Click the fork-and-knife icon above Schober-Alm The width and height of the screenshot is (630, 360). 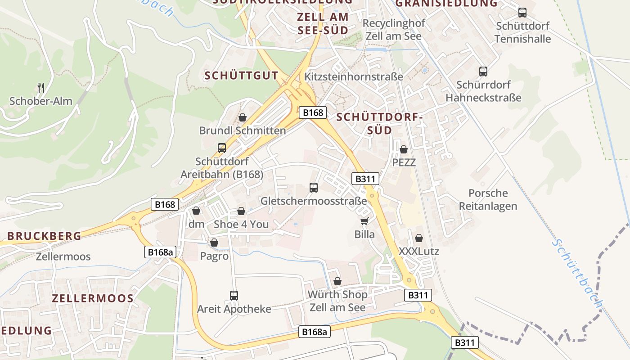[41, 87]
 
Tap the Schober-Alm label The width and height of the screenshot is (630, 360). [41, 101]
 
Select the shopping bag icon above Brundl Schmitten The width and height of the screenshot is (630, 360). [243, 117]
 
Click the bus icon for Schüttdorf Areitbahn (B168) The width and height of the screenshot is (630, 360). [221, 148]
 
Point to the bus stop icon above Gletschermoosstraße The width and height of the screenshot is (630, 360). [314, 187]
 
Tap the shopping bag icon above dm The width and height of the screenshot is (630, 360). [196, 211]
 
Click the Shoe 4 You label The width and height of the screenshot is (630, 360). [241, 224]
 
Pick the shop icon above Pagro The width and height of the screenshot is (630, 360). [214, 243]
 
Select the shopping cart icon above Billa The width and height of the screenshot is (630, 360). [364, 221]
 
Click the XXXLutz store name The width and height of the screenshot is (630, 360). [418, 252]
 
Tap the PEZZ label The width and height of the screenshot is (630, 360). [404, 162]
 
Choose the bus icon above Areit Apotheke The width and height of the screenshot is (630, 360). [234, 296]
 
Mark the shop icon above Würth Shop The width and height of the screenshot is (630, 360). [337, 282]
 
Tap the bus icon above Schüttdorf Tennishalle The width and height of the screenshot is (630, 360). [522, 13]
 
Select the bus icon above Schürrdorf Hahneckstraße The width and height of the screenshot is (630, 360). [483, 71]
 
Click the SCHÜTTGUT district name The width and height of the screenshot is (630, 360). [241, 76]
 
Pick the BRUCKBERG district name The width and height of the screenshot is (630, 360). [44, 236]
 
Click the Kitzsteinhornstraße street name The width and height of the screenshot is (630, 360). [354, 76]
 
